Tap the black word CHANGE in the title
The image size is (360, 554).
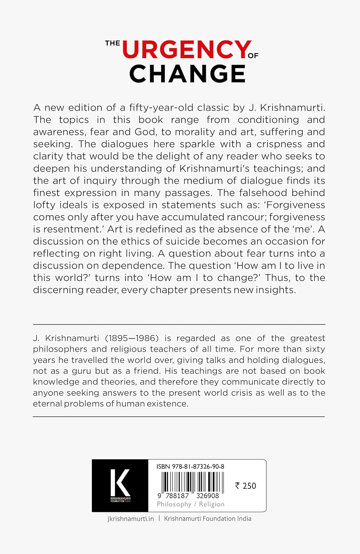pos(187,74)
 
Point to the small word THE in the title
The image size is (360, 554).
pos(112,43)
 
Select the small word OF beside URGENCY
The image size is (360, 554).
pos(253,56)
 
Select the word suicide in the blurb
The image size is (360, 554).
pos(181,242)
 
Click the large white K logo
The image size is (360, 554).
pos(120,482)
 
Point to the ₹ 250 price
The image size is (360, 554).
pos(245,486)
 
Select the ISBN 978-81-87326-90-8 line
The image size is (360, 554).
pos(190,466)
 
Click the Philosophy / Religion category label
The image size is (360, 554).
pos(190,504)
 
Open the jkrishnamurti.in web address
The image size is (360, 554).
pos(130,519)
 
